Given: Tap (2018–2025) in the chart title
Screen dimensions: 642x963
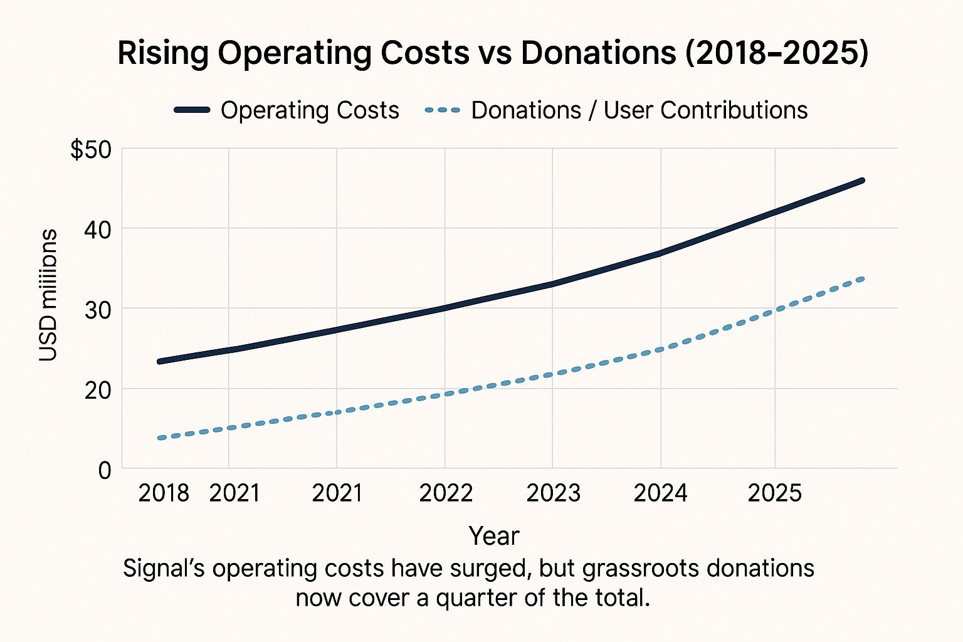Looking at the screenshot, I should point(776,53).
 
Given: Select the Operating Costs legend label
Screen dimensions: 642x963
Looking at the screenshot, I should point(310,110).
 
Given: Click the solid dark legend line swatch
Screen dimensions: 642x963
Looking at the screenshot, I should point(192,110).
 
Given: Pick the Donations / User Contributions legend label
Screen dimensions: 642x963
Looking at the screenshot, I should point(639,110).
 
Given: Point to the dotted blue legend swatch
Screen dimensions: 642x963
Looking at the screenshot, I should point(443,110).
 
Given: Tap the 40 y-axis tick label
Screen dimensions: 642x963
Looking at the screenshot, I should point(97,229).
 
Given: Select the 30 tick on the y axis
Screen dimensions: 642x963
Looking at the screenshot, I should point(97,309).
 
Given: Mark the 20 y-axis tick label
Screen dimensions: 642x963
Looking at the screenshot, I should point(97,389).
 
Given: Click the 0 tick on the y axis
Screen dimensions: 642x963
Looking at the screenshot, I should point(104,470).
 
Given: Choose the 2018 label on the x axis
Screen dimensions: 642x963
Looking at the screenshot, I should point(164,493).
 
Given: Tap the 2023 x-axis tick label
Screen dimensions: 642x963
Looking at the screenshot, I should point(553,493).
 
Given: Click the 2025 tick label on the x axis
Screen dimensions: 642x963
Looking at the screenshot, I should point(775,493).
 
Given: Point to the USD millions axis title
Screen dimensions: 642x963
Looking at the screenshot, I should point(48,295).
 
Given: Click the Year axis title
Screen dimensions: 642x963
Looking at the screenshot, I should point(494,536).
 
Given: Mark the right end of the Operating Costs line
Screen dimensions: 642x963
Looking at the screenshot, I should point(862,181).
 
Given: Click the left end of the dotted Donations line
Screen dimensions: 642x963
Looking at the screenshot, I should point(160,438).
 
